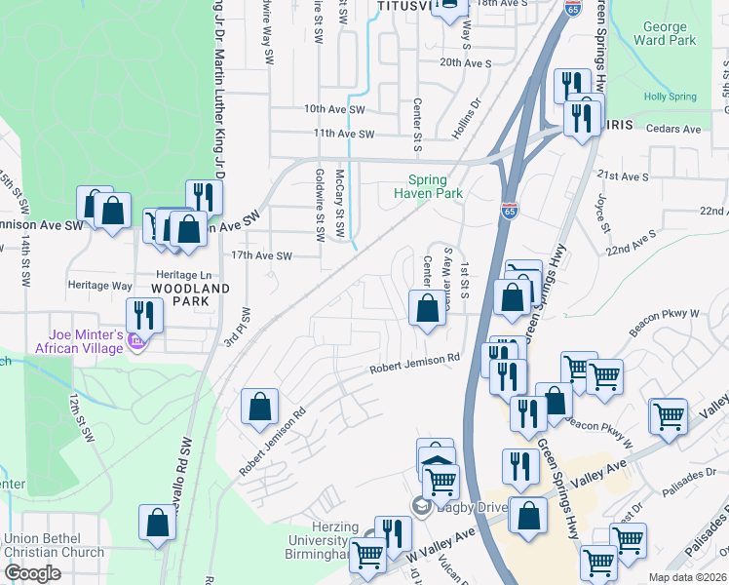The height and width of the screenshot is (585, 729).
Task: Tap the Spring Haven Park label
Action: click(x=420, y=186)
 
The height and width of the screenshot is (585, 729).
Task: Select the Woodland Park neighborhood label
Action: click(x=190, y=295)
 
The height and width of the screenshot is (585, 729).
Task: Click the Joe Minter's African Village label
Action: click(x=80, y=340)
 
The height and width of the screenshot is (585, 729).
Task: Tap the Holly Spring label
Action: click(x=670, y=97)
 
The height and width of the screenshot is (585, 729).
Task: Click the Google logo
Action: click(x=32, y=573)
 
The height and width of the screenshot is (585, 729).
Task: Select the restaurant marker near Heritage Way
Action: click(x=142, y=315)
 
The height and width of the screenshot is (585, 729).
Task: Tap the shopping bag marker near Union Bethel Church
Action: click(x=157, y=523)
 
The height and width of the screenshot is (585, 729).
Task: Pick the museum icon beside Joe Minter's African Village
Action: click(x=137, y=342)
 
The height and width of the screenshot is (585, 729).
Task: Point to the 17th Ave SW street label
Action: click(x=261, y=256)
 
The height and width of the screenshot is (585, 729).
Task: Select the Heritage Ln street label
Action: click(x=187, y=276)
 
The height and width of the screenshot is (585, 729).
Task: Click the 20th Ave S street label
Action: click(x=465, y=61)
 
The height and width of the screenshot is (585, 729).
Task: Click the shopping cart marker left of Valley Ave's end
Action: click(x=670, y=416)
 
